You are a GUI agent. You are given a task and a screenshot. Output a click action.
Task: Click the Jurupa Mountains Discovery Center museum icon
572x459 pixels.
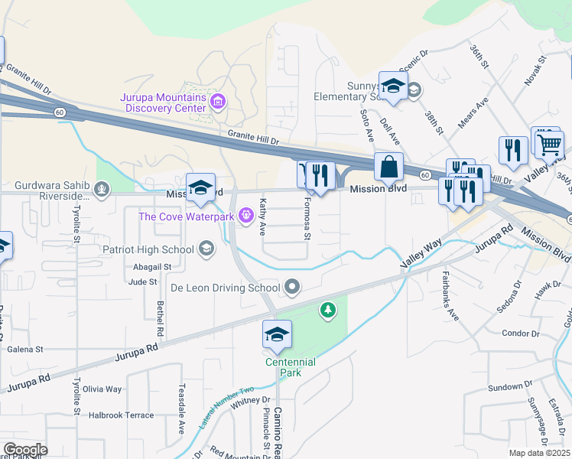218,101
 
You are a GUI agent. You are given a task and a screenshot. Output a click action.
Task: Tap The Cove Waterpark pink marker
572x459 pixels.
246,216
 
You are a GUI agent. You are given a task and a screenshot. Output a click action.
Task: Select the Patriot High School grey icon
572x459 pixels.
206,249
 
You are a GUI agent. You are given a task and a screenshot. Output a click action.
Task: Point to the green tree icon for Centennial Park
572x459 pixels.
328,310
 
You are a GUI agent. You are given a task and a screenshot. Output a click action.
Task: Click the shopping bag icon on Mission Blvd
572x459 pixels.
388,167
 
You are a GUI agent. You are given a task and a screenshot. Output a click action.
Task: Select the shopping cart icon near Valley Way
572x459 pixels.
549,144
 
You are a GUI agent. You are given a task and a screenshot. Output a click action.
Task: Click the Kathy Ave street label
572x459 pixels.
262,217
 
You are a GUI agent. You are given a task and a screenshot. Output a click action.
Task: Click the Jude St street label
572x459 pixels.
142,282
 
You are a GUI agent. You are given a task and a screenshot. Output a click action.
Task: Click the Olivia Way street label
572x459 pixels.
102,389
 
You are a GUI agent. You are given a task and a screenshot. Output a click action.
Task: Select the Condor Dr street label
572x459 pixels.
522,333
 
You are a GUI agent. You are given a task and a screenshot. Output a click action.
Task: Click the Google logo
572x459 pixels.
24,450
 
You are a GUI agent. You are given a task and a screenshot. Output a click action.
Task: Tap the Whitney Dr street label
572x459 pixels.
251,399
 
